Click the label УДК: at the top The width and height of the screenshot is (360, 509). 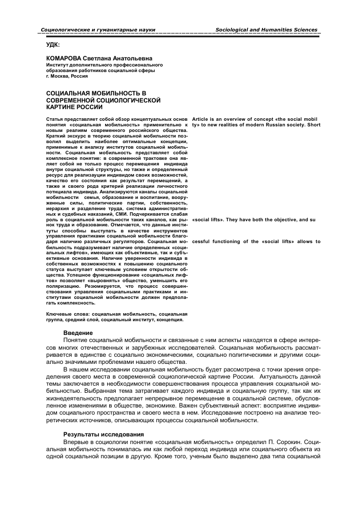pos(53,44)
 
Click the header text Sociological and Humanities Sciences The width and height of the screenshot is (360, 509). pos(267,30)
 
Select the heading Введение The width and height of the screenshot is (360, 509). pos(78,332)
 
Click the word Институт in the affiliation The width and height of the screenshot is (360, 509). pos(59,65)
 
